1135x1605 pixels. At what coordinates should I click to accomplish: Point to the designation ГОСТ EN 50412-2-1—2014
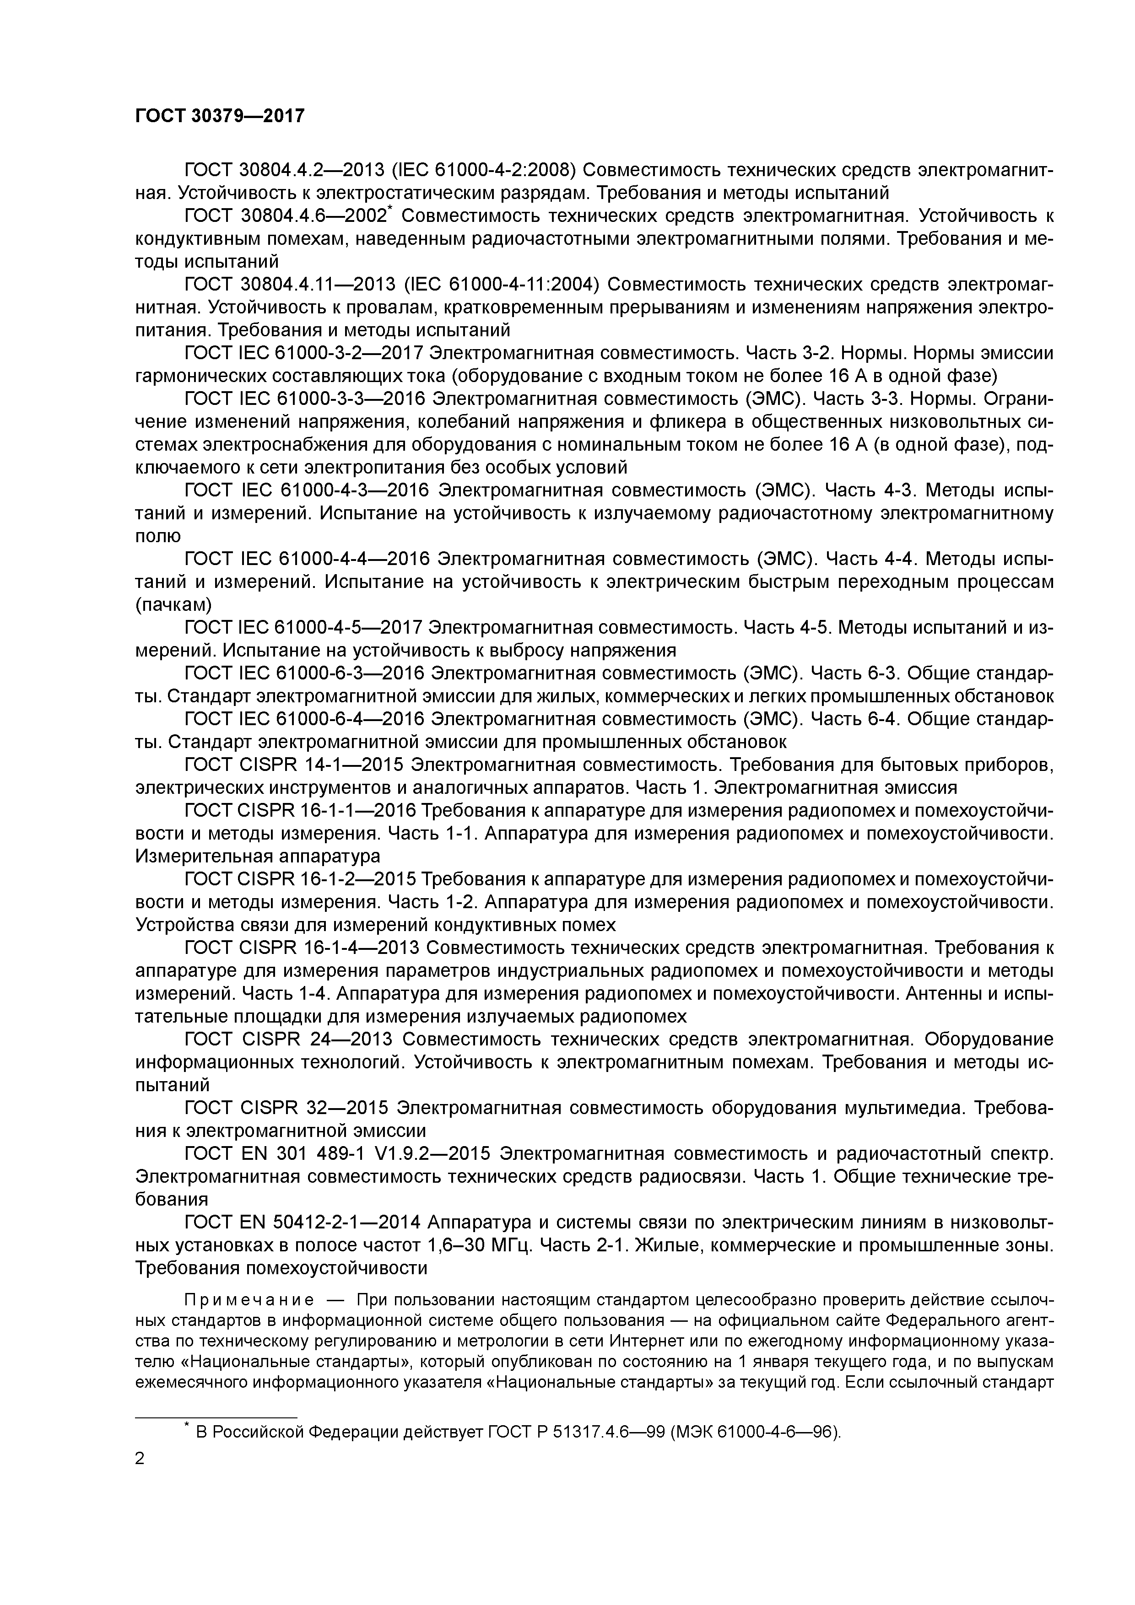(x=302, y=1221)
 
